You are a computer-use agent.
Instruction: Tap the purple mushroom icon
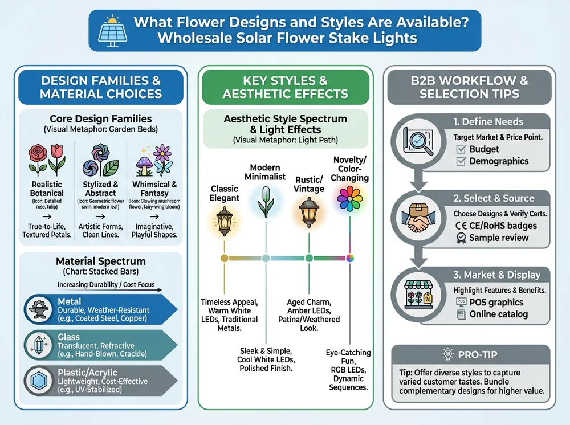pos(144,165)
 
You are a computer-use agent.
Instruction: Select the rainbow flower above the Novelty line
pos(350,198)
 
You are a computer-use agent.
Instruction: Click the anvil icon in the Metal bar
pos(39,309)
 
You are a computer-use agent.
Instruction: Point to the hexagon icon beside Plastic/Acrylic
pos(39,381)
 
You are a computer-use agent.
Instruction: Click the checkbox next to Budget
pos(461,149)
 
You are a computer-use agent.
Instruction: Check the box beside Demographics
pos(461,161)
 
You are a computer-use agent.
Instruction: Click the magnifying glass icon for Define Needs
pos(418,141)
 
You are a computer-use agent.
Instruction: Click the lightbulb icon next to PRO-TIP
pos(447,354)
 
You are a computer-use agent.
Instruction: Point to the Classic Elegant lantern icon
pos(224,221)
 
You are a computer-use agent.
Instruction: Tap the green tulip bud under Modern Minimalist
pos(266,202)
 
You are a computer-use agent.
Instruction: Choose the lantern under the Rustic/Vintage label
pos(309,213)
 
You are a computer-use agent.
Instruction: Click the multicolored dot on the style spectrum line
pos(350,258)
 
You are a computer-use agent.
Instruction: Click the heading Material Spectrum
pos(101,261)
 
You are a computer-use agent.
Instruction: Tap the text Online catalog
pos(498,314)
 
